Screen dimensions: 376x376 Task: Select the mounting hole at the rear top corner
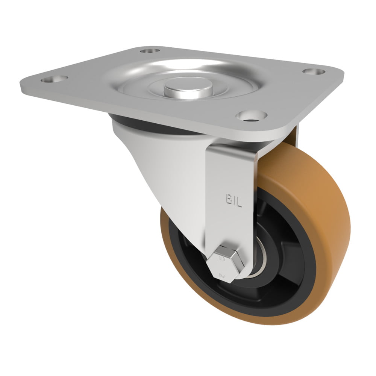pyautogui.click(x=150, y=50)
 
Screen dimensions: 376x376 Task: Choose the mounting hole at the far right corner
pyautogui.click(x=314, y=71)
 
